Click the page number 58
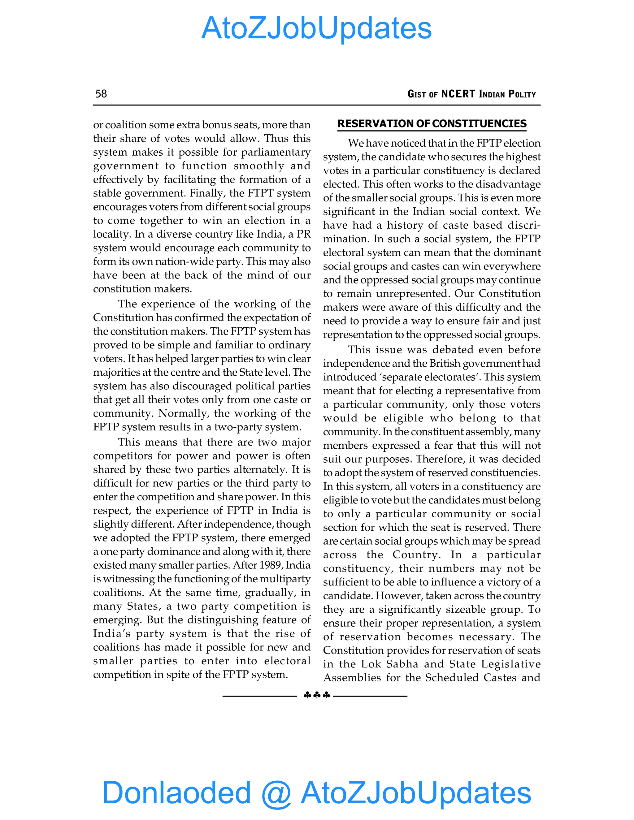tap(101, 93)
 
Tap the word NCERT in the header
tap(458, 94)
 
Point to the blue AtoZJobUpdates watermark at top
tap(316, 28)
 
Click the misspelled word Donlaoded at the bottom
tap(176, 792)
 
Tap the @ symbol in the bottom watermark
tap(276, 793)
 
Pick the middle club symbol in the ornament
tap(317, 695)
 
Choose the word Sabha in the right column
tap(402, 664)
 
